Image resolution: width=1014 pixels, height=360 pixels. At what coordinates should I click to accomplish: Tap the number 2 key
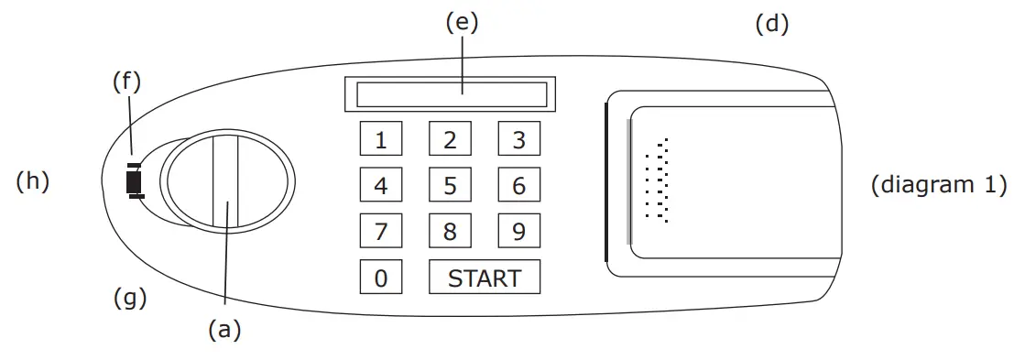[x=450, y=140]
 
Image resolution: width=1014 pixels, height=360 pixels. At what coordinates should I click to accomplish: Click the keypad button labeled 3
[x=518, y=140]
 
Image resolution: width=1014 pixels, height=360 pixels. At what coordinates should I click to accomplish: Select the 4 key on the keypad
[x=381, y=185]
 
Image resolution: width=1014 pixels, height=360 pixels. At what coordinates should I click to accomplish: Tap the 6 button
[x=518, y=185]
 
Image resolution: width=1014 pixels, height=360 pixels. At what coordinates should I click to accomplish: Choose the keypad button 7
[x=381, y=231]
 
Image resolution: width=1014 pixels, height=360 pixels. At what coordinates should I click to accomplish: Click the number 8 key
[x=450, y=231]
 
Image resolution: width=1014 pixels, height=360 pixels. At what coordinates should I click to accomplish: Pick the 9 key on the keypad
[x=518, y=231]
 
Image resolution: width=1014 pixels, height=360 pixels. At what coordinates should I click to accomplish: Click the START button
[x=484, y=278]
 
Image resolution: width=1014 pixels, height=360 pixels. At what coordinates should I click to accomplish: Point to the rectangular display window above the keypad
[x=450, y=93]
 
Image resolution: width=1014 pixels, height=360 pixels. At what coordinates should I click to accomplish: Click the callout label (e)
[x=462, y=24]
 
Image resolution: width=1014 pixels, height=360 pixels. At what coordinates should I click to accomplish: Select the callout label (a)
[x=224, y=331]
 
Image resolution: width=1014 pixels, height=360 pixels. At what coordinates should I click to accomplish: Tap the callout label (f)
[x=126, y=82]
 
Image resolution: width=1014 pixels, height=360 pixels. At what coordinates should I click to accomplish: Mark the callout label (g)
[x=130, y=298]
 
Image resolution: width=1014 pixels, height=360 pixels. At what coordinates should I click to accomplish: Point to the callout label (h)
[x=32, y=181]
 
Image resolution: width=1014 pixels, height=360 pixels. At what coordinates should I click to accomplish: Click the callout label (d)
[x=771, y=24]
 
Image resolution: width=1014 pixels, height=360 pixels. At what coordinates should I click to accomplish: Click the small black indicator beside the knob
[x=134, y=181]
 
